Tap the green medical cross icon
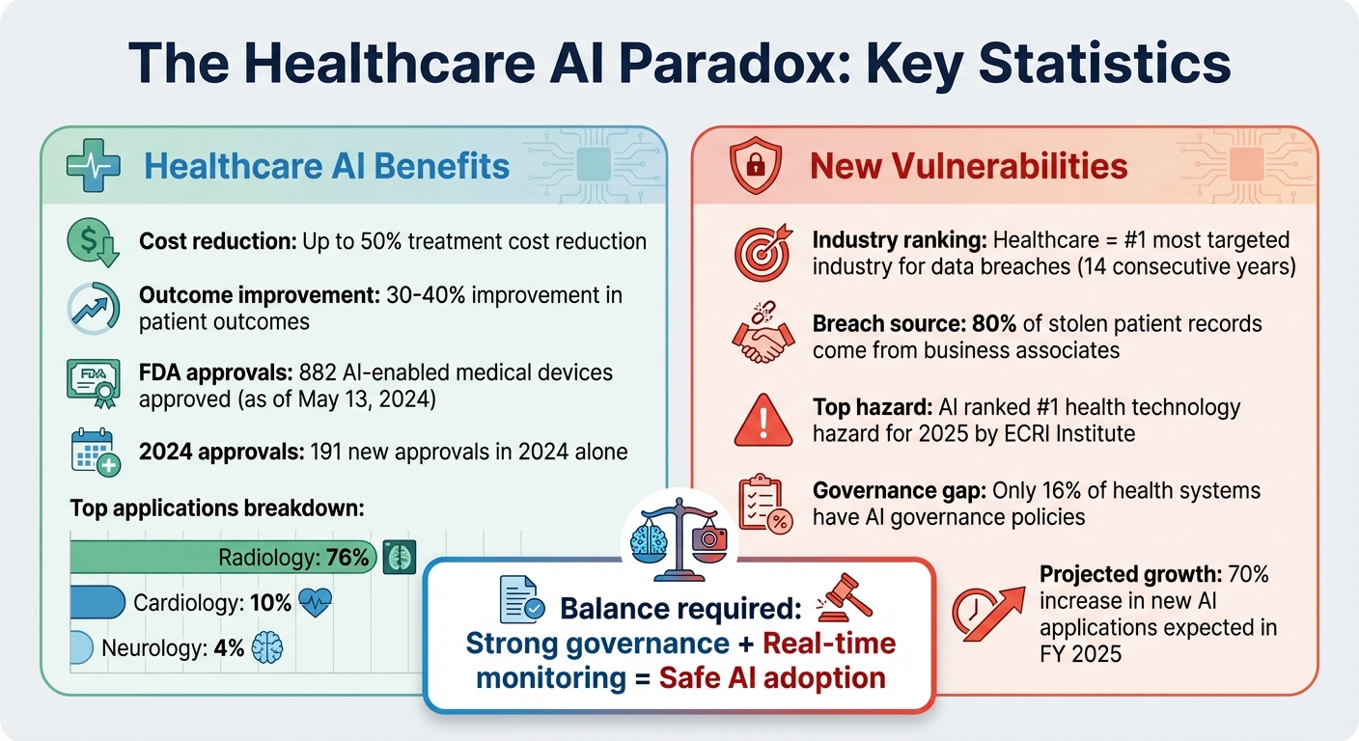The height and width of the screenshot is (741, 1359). [x=93, y=165]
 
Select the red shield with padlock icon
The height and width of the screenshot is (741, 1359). [x=756, y=166]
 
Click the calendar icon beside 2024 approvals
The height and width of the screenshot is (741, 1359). [x=95, y=452]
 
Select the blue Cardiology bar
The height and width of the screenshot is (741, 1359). [x=97, y=603]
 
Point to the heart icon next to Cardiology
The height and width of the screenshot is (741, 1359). [x=317, y=604]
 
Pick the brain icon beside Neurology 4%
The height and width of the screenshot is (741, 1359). [x=267, y=648]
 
